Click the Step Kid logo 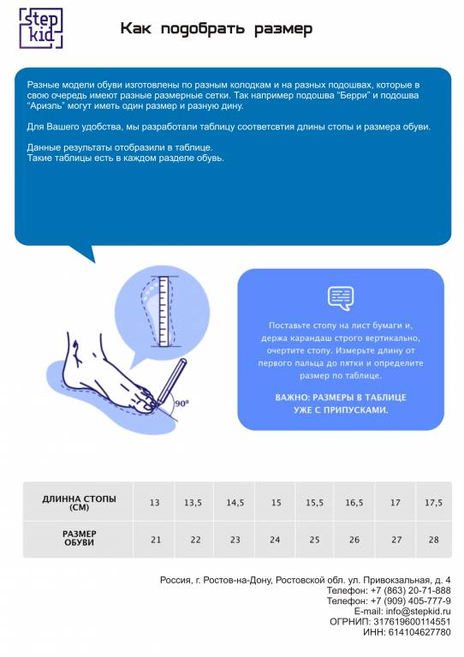[x=41, y=28]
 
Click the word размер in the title [x=283, y=29]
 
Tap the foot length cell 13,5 [x=193, y=503]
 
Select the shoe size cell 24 [x=275, y=540]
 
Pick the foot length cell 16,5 [x=354, y=503]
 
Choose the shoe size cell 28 [x=433, y=540]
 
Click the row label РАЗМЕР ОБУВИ [x=79, y=538]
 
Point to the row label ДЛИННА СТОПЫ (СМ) [x=79, y=503]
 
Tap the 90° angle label [x=181, y=403]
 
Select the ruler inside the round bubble [x=164, y=311]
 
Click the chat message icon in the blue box [x=341, y=298]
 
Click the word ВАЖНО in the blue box [x=291, y=397]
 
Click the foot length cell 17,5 [x=433, y=503]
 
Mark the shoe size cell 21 [x=156, y=540]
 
